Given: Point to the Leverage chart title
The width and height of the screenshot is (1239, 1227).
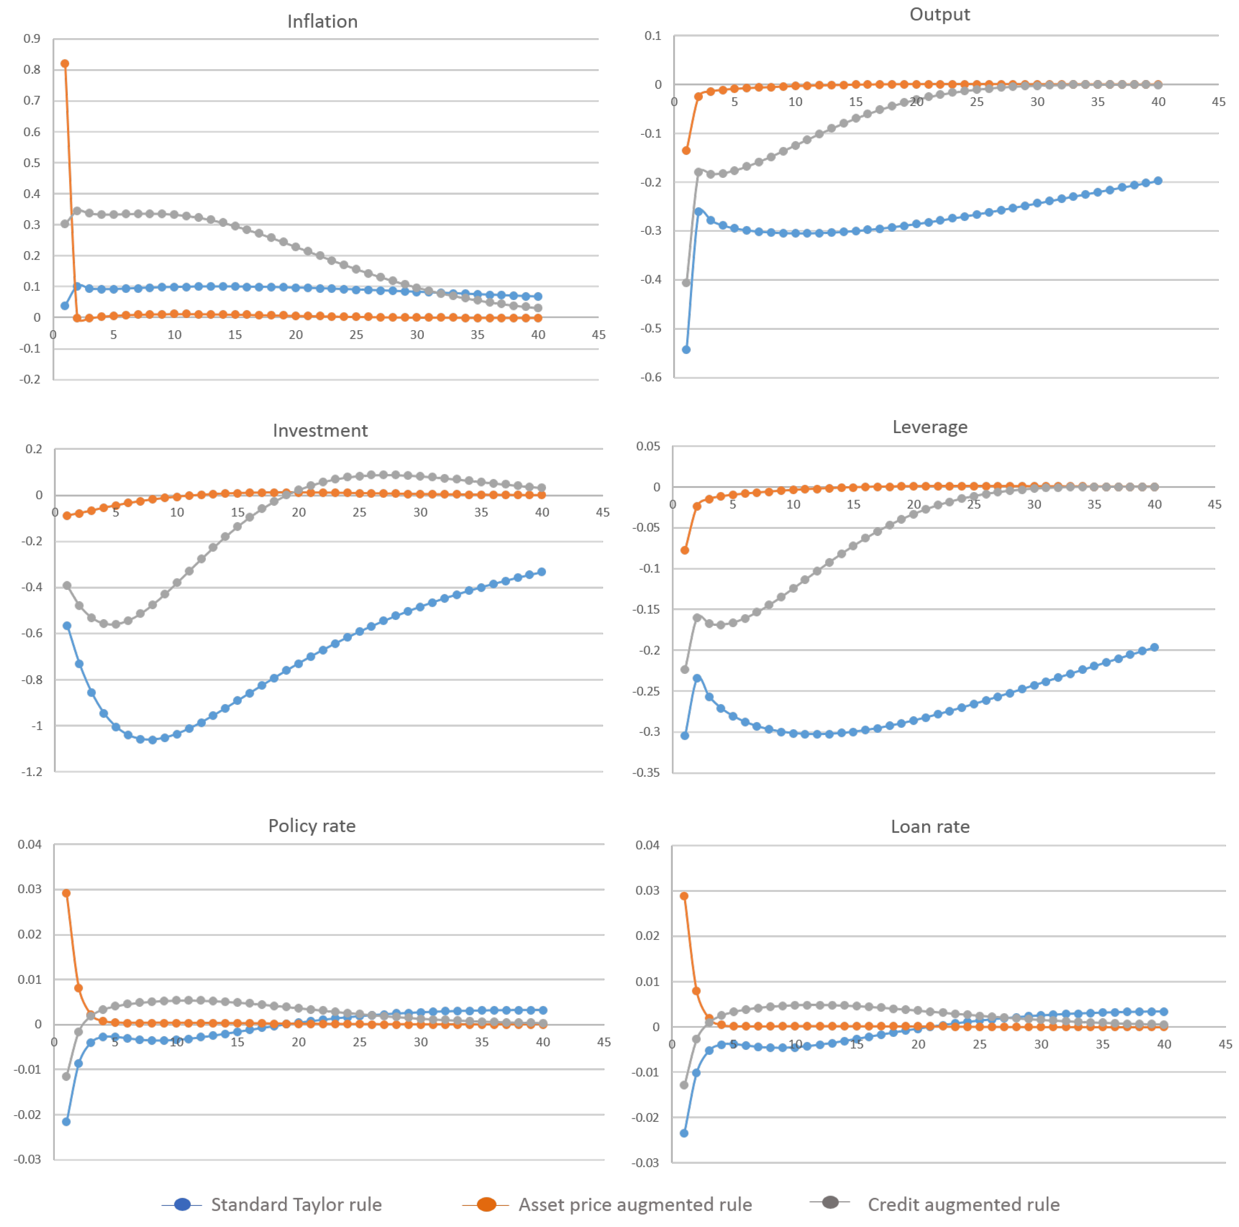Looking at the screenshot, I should (x=929, y=427).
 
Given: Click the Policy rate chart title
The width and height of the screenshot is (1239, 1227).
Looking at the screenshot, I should (x=312, y=826).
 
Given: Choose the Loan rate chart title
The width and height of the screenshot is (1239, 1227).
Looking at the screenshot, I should (x=929, y=827).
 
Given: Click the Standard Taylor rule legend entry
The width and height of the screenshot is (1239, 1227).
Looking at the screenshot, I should (x=296, y=1205).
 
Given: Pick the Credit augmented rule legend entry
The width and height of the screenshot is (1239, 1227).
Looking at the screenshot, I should (x=963, y=1205).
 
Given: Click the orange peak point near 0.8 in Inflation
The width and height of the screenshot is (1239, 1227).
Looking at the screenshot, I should (x=65, y=63).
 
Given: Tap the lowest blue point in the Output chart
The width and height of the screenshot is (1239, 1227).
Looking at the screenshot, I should (x=685, y=350).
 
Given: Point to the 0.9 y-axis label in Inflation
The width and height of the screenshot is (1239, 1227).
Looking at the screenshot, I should (x=32, y=39).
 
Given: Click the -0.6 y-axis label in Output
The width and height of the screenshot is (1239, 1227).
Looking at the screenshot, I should (x=651, y=377).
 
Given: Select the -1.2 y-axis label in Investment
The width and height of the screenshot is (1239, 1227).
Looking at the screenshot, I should (x=32, y=772).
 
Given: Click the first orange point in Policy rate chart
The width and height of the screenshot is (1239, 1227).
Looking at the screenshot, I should (x=66, y=893).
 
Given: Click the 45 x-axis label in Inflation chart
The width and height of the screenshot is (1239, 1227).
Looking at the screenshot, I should (x=598, y=335).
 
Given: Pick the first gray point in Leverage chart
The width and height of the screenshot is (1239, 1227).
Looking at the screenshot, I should (x=684, y=669).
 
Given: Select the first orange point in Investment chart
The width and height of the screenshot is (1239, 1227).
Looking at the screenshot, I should (x=67, y=515).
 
